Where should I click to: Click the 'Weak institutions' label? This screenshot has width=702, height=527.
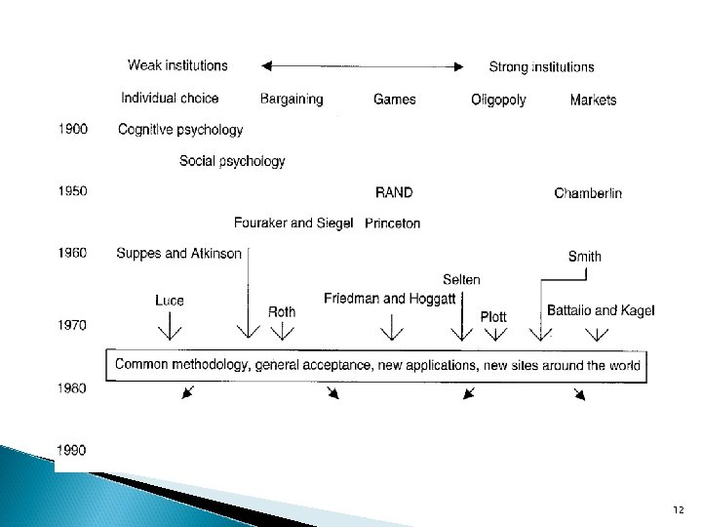point(178,65)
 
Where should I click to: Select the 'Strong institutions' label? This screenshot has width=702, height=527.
point(541,66)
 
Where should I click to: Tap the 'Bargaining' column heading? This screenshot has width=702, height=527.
point(292,99)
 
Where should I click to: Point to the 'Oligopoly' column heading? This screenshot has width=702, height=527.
point(498,100)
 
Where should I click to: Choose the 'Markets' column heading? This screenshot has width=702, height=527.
point(593,100)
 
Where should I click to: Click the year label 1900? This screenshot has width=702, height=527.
point(72,128)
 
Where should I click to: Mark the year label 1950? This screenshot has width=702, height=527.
point(72,191)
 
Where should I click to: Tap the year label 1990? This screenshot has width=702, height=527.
point(72,450)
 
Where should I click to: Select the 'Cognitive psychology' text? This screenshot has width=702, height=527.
point(179,129)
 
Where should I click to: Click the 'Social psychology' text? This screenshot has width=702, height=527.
point(232,161)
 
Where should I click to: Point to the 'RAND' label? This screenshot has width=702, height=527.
point(394,192)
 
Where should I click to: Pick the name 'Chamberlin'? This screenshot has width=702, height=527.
point(588,193)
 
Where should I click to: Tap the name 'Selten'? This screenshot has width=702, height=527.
point(461,280)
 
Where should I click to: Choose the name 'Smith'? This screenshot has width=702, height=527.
point(585,257)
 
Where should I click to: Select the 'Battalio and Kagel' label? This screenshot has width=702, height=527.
point(601,310)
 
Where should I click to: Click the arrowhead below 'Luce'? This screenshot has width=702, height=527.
point(169,332)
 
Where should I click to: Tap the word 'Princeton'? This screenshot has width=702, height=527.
point(393,223)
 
